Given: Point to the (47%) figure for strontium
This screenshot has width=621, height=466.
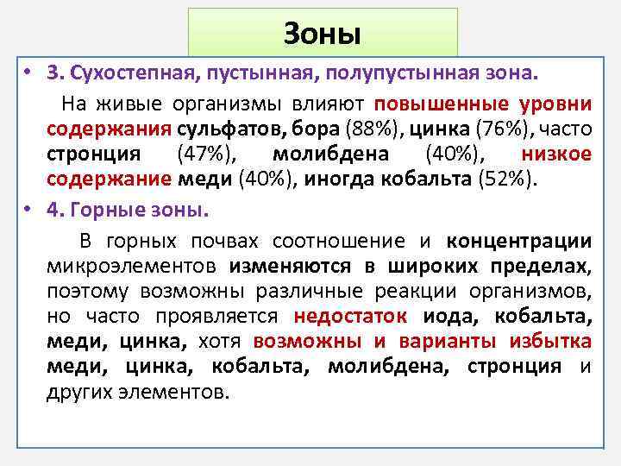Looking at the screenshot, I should click(x=204, y=155).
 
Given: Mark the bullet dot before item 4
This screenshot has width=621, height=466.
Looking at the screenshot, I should click(x=28, y=210).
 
